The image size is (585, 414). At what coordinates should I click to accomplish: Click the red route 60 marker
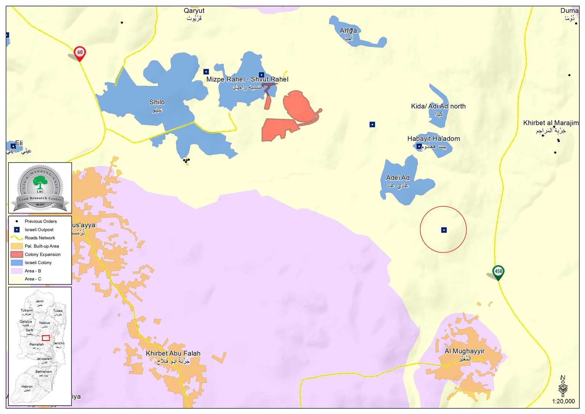point(80,53)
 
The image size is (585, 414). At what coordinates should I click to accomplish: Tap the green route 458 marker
point(498,272)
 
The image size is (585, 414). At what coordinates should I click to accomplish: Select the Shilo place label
point(157,103)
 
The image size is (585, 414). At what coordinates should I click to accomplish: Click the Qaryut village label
point(194,11)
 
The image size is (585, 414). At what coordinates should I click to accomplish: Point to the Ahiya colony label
point(348,31)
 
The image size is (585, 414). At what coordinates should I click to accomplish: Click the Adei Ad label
point(398,178)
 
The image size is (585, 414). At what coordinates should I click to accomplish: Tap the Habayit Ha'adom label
point(434,139)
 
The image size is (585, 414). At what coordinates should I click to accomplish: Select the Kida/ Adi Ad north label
point(438,106)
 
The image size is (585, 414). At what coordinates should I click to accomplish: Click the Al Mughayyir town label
point(464,351)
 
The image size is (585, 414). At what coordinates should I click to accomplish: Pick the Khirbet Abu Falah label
point(173,354)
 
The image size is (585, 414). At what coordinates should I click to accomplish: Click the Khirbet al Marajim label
point(551,123)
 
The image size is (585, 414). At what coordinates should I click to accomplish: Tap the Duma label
point(569,11)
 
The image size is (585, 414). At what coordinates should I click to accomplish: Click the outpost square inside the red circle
point(444,230)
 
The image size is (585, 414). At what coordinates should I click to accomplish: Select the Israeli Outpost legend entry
point(39,230)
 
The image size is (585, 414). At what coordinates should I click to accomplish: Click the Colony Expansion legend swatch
point(17,255)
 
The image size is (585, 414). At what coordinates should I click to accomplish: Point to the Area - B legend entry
point(33,271)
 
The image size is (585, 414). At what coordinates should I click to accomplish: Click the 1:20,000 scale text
point(563,401)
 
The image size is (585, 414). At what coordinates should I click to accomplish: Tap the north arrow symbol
point(563,386)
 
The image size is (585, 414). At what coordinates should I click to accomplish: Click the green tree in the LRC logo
point(40,182)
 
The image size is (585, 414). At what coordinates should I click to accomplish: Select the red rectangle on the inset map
point(46,338)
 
